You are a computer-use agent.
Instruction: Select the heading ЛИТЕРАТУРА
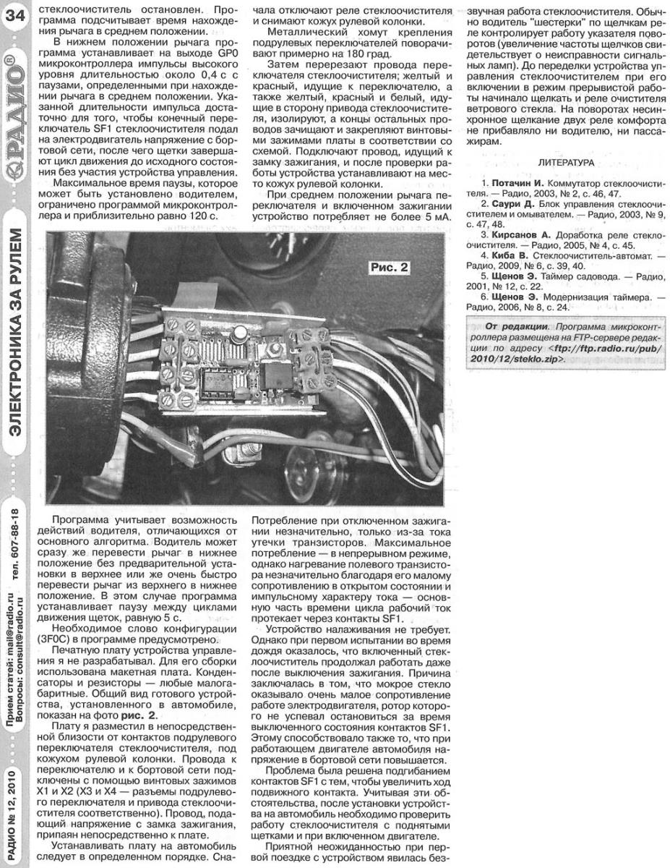566,163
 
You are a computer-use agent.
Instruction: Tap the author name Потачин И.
517,186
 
